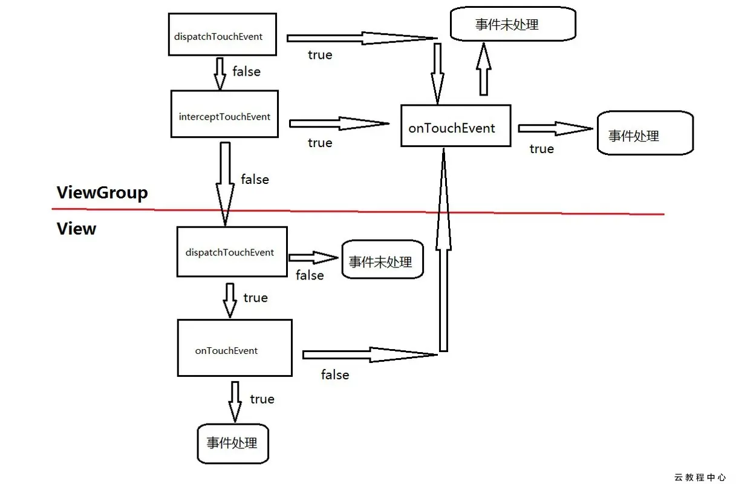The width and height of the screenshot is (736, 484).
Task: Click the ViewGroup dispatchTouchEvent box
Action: click(x=222, y=34)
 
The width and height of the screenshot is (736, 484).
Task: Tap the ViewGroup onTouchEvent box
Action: click(x=455, y=126)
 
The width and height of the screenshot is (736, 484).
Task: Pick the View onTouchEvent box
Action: click(x=235, y=348)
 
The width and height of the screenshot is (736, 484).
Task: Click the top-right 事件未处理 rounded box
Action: click(x=513, y=25)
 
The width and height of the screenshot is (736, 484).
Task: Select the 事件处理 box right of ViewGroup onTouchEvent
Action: click(x=645, y=133)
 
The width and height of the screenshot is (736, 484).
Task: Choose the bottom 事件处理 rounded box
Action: click(x=233, y=443)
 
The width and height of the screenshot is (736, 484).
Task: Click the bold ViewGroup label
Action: click(x=102, y=193)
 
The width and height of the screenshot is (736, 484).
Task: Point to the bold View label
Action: click(x=76, y=229)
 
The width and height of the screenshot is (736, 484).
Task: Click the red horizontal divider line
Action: click(x=363, y=211)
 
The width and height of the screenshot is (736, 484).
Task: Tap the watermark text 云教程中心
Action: click(x=700, y=477)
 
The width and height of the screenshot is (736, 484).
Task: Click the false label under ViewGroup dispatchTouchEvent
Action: click(x=246, y=71)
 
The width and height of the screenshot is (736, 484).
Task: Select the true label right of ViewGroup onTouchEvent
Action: click(x=541, y=149)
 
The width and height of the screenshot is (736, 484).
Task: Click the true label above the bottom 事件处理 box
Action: click(x=262, y=399)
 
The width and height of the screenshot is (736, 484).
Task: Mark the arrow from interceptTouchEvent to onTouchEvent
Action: click(x=339, y=123)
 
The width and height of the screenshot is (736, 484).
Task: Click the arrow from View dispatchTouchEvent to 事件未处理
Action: click(x=313, y=258)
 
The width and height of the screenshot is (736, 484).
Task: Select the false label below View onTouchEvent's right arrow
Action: click(x=335, y=375)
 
